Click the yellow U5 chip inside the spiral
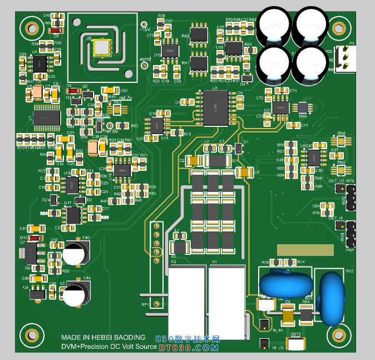102,48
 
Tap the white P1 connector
345,58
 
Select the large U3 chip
215,107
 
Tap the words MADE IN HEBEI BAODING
103,338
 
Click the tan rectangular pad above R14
305,249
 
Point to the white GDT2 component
295,344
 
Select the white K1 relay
227,302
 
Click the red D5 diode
56,29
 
